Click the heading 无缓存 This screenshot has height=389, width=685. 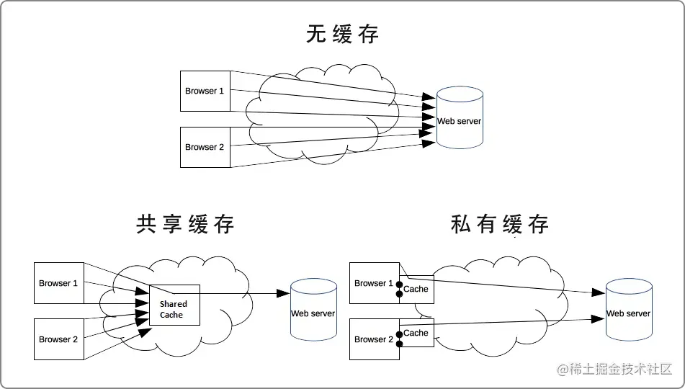(342, 34)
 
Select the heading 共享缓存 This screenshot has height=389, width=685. (185, 224)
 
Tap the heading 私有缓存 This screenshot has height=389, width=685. (500, 224)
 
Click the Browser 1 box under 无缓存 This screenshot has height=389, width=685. (205, 91)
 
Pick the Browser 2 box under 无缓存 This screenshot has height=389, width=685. (205, 146)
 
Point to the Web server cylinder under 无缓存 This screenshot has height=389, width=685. (459, 118)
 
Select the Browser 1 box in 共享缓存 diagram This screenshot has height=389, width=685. (58, 283)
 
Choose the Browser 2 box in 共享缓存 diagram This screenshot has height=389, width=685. (58, 339)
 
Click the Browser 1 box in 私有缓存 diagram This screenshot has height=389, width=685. (373, 283)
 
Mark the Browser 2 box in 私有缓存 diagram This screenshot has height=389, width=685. (373, 339)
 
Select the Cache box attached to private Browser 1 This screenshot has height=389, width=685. (417, 289)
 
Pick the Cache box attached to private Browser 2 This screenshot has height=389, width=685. (417, 334)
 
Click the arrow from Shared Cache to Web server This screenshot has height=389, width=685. (245, 293)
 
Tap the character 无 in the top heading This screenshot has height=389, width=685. (317, 34)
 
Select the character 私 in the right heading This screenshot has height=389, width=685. (462, 224)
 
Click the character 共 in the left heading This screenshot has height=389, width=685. (147, 224)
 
